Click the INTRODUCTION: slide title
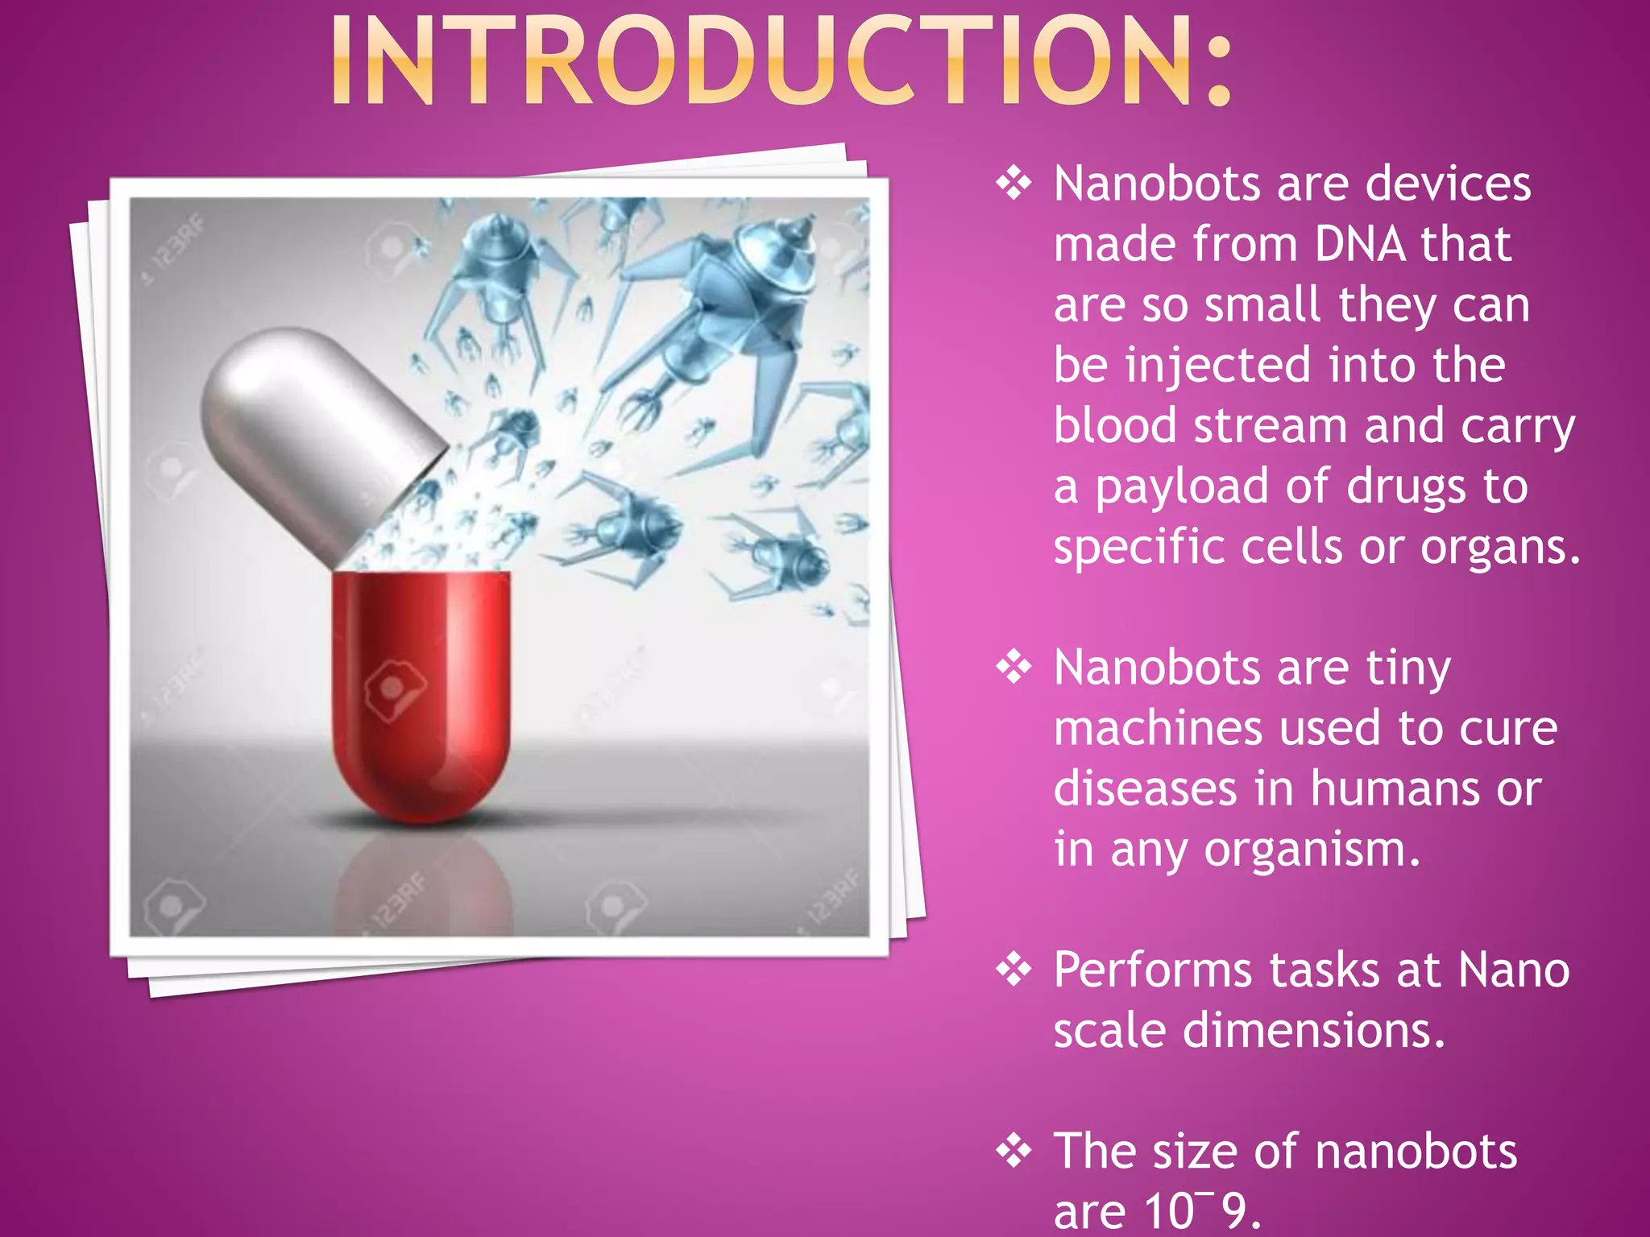780,60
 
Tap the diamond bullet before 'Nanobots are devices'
1014,184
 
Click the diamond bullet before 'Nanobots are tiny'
1014,668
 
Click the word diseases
1145,788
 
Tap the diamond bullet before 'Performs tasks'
1014,970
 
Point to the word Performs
1152,970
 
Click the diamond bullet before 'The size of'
1014,1151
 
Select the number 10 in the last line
1167,1211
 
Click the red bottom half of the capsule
420,693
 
